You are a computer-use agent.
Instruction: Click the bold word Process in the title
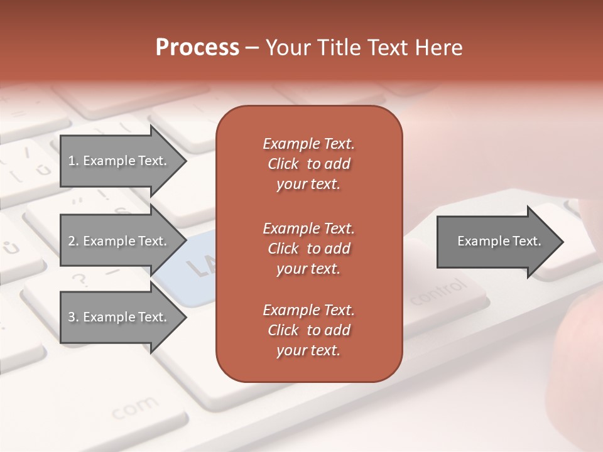pyautogui.click(x=197, y=48)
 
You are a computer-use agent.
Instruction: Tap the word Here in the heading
pyautogui.click(x=439, y=48)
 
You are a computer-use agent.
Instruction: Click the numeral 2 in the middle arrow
pyautogui.click(x=72, y=241)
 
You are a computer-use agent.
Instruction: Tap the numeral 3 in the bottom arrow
pyautogui.click(x=72, y=317)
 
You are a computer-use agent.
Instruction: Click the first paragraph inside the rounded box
pyautogui.click(x=308, y=164)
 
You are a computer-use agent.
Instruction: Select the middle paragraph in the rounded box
pyautogui.click(x=308, y=248)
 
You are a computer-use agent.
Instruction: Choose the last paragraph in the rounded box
pyautogui.click(x=308, y=330)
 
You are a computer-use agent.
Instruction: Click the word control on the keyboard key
pyautogui.click(x=440, y=292)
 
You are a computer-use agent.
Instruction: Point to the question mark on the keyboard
pyautogui.click(x=79, y=279)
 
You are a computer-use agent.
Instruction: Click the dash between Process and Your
pyautogui.click(x=253, y=48)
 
